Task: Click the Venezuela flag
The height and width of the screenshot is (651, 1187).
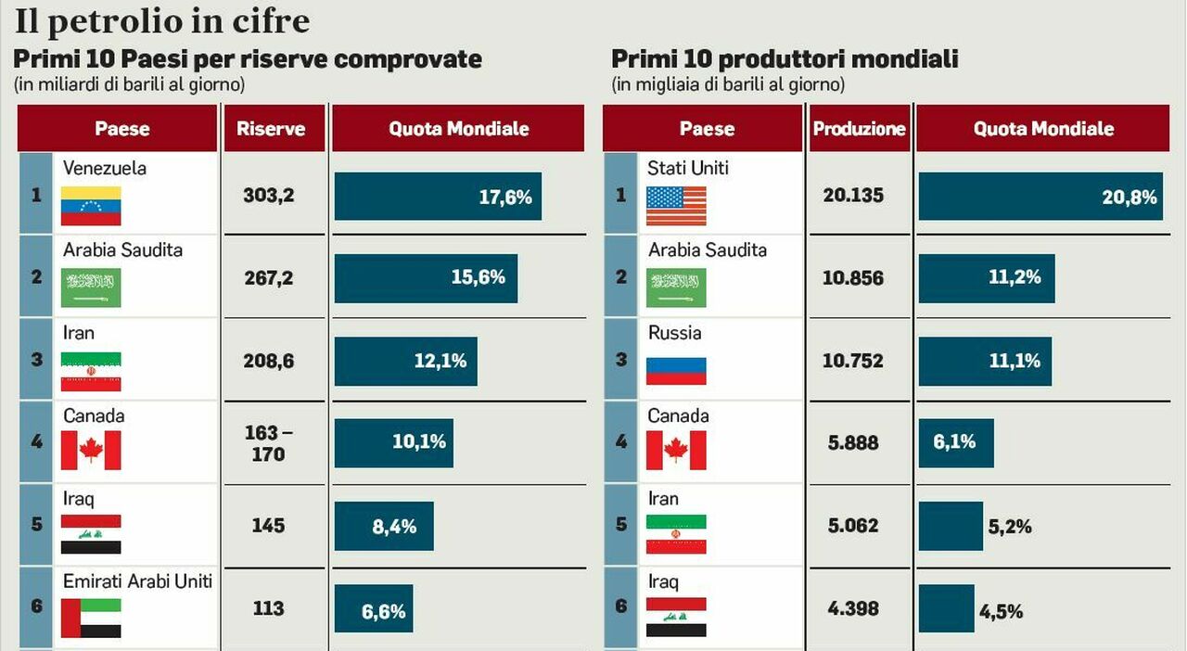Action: (x=91, y=206)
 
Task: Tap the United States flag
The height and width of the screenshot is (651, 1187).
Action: (x=676, y=206)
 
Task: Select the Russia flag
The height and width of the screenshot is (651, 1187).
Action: (x=676, y=371)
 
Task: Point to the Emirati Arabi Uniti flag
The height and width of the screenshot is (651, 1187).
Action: (x=91, y=619)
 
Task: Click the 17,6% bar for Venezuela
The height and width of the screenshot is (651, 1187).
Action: (x=438, y=197)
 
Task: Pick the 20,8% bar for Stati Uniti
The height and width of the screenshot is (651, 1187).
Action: (x=1040, y=197)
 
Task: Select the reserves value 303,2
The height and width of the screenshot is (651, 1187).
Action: (x=269, y=196)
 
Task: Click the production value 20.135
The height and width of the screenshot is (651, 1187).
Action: (x=853, y=196)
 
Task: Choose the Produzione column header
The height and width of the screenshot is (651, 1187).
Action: (x=860, y=128)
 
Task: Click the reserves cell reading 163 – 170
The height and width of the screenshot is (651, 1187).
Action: (x=269, y=443)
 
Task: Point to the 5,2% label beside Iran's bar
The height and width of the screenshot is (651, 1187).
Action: (x=1010, y=527)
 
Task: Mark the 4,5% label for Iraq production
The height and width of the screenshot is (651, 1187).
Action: (x=1001, y=612)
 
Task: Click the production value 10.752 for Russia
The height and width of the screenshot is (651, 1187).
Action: (x=853, y=361)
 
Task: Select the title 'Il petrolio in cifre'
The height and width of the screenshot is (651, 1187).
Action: (x=162, y=21)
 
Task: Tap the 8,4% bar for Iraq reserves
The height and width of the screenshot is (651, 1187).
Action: (x=384, y=526)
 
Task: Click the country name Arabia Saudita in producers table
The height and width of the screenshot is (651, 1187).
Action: (x=708, y=249)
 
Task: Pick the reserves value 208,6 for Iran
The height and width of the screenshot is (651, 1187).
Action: (x=269, y=361)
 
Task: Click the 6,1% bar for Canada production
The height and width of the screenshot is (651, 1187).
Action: (x=956, y=443)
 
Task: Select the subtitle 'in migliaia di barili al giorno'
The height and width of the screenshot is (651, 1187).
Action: (x=728, y=84)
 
